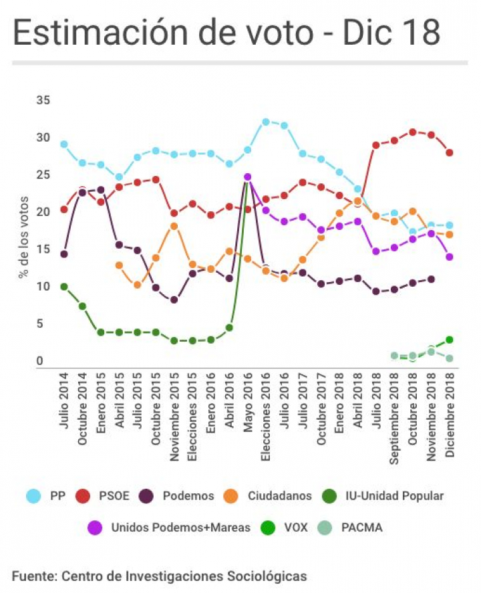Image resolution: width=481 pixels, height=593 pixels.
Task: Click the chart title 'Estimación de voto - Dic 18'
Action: [x=226, y=33]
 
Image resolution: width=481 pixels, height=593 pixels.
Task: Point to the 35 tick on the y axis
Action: [x=44, y=101]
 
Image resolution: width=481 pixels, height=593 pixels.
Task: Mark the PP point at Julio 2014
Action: [x=64, y=144]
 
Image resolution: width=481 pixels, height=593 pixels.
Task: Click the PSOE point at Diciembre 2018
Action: [x=450, y=152]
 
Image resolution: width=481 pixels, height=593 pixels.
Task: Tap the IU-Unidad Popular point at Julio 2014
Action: [x=64, y=287]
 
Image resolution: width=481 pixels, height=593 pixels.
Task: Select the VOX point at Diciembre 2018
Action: [x=450, y=340]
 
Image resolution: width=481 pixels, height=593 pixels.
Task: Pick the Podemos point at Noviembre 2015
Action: [x=174, y=300]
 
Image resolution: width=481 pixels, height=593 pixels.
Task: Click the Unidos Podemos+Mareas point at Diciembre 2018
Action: [x=450, y=257]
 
